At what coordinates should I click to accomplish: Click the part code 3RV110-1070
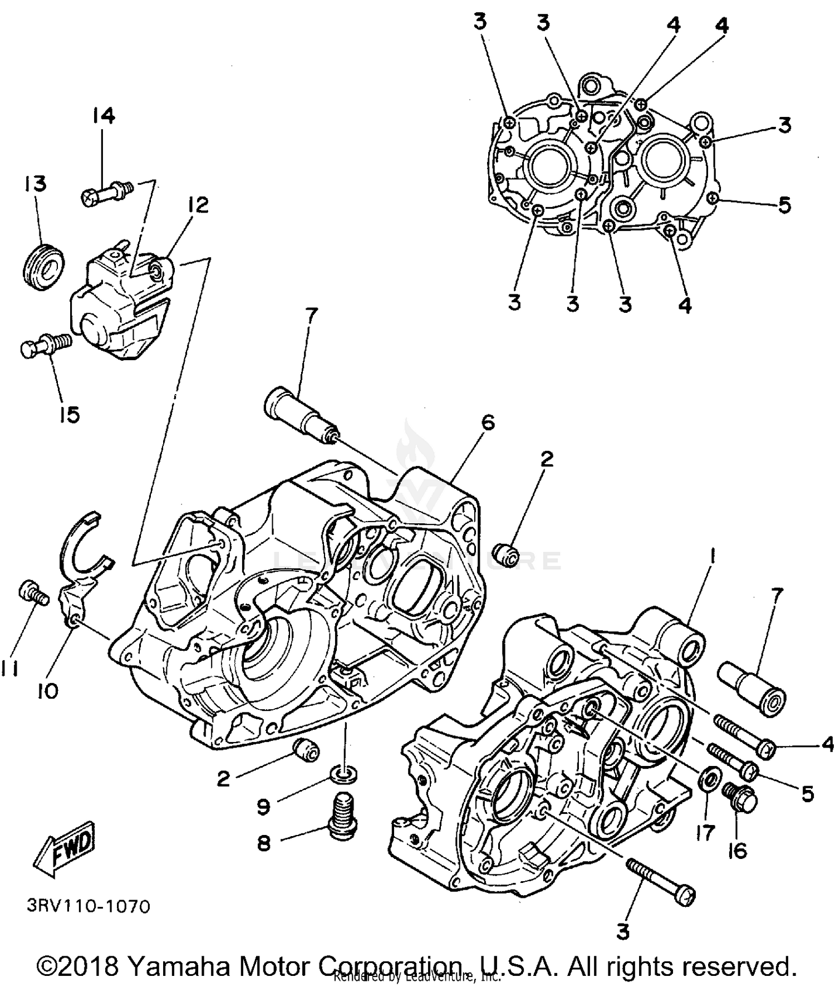(x=88, y=906)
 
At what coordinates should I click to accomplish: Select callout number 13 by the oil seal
(x=35, y=183)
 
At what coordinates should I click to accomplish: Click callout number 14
(x=103, y=116)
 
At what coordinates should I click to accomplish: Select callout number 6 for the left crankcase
(x=488, y=423)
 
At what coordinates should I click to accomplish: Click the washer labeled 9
(x=343, y=774)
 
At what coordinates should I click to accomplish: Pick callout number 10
(x=48, y=691)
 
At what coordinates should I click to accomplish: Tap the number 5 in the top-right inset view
(x=784, y=205)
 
